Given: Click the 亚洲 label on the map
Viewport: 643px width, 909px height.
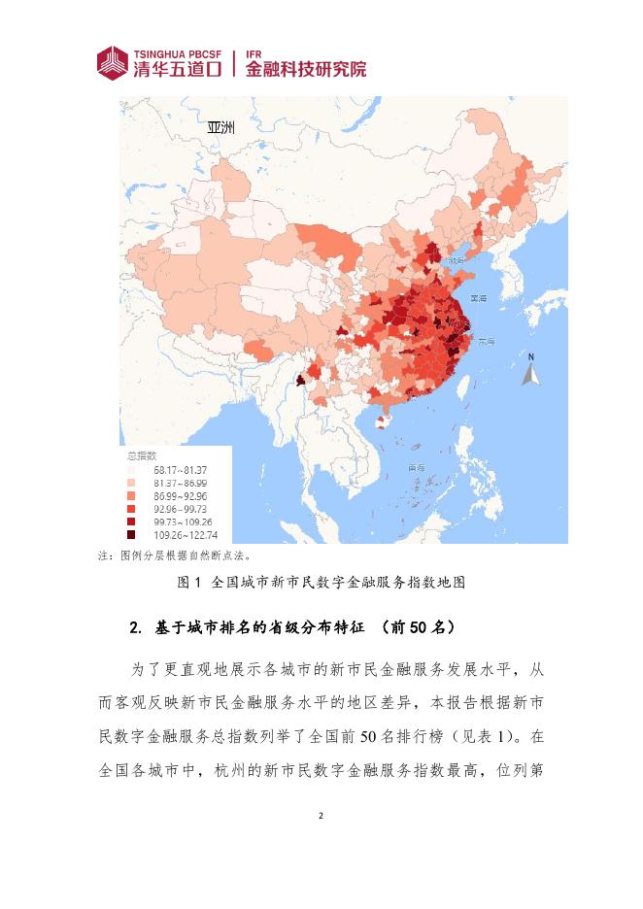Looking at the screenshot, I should pos(220,127).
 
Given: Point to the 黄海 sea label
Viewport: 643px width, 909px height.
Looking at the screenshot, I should pos(477,298).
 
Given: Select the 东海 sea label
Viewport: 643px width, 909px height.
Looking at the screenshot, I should pos(485,342).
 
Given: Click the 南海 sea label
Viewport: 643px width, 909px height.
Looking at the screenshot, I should pos(416,468).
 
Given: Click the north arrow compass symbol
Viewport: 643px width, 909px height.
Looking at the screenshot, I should pos(530,370).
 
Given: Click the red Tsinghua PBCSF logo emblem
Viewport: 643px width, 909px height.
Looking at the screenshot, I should pos(113,63).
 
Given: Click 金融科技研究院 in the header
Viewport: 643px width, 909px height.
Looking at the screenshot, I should pos(306,70).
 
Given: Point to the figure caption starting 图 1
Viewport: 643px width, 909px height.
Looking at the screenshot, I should pos(321,583).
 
